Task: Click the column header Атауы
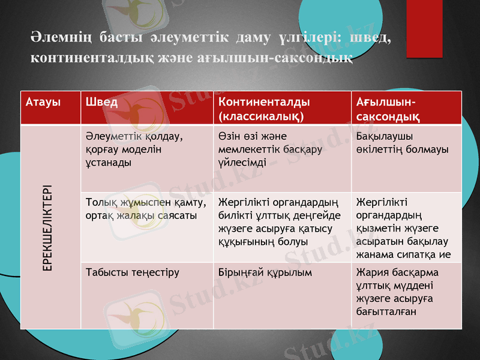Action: (x=43, y=101)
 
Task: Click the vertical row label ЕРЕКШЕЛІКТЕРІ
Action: (x=46, y=227)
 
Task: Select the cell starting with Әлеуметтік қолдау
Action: (x=133, y=149)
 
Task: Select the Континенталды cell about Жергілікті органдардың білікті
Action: (x=280, y=221)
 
